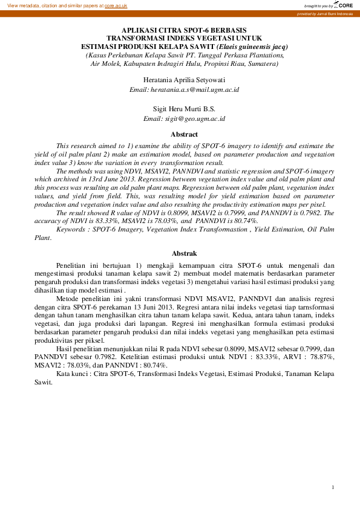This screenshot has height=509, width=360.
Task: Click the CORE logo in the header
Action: point(343,5)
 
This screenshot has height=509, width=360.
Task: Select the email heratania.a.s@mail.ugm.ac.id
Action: point(185,89)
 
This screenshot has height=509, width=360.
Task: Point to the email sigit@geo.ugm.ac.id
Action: point(185,119)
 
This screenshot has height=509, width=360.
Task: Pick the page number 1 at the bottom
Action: point(333,487)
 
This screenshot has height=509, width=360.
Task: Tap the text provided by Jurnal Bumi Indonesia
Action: point(325,13)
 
